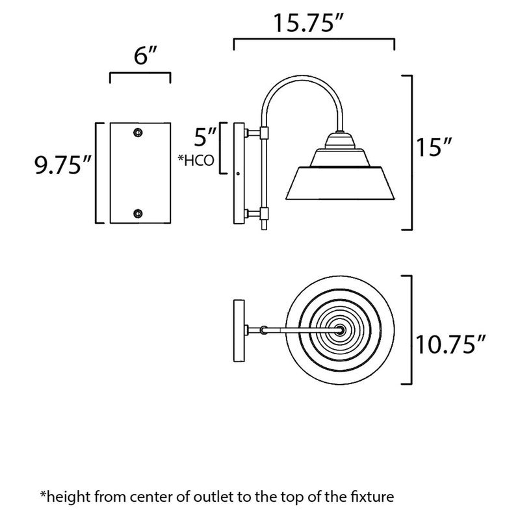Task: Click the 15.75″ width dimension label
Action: pyautogui.click(x=308, y=23)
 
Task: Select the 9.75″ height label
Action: pyautogui.click(x=62, y=165)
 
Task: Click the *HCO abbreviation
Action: pyautogui.click(x=196, y=161)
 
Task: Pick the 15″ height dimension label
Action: pyautogui.click(x=434, y=148)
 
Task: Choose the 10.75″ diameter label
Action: pyautogui.click(x=450, y=344)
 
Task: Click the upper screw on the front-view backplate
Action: pyautogui.click(x=138, y=133)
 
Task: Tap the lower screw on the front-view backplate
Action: pyautogui.click(x=138, y=214)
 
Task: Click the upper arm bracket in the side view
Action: pyautogui.click(x=265, y=133)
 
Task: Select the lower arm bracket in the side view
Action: pyautogui.click(x=265, y=214)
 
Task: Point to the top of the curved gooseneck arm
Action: pyautogui.click(x=302, y=77)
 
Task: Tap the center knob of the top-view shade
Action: pyautogui.click(x=340, y=330)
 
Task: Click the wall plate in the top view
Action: pyautogui.click(x=239, y=331)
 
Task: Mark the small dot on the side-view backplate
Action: pyautogui.click(x=238, y=173)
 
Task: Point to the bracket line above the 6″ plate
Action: pyautogui.click(x=140, y=73)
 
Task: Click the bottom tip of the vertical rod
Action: pyautogui.click(x=265, y=229)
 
